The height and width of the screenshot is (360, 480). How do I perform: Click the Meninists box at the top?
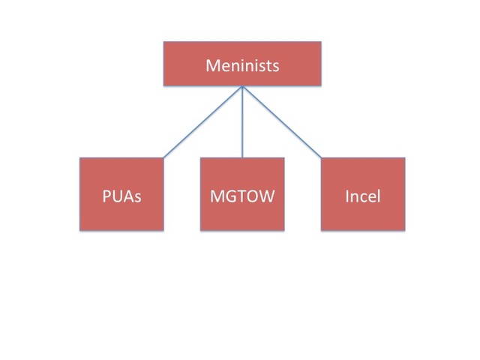coord(242,64)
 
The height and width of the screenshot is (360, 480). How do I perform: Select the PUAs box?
coord(121,193)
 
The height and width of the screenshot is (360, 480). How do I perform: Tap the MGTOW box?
coord(242,193)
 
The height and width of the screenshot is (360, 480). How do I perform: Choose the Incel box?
coord(363,193)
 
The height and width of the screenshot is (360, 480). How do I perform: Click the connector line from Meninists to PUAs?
coord(202,122)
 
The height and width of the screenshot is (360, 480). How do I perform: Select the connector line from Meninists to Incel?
coord(282,122)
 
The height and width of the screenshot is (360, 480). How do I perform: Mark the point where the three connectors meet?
coord(242,87)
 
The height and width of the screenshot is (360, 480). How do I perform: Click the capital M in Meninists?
coord(212,66)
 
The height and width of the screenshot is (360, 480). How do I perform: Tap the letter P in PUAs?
coord(106,197)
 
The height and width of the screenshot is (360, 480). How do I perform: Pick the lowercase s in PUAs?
coord(137,199)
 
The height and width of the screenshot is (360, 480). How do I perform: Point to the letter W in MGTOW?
coord(266,197)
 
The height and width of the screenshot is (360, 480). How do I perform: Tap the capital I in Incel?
coord(347,197)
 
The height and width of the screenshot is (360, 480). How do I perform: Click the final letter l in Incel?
coord(378,197)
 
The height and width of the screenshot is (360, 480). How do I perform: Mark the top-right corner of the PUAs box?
coord(163,157)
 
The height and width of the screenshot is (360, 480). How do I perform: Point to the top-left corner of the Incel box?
coord(322,157)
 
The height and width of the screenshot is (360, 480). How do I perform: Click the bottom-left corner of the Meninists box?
coord(164,85)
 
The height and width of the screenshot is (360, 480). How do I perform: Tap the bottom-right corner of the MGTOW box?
coord(284,230)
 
